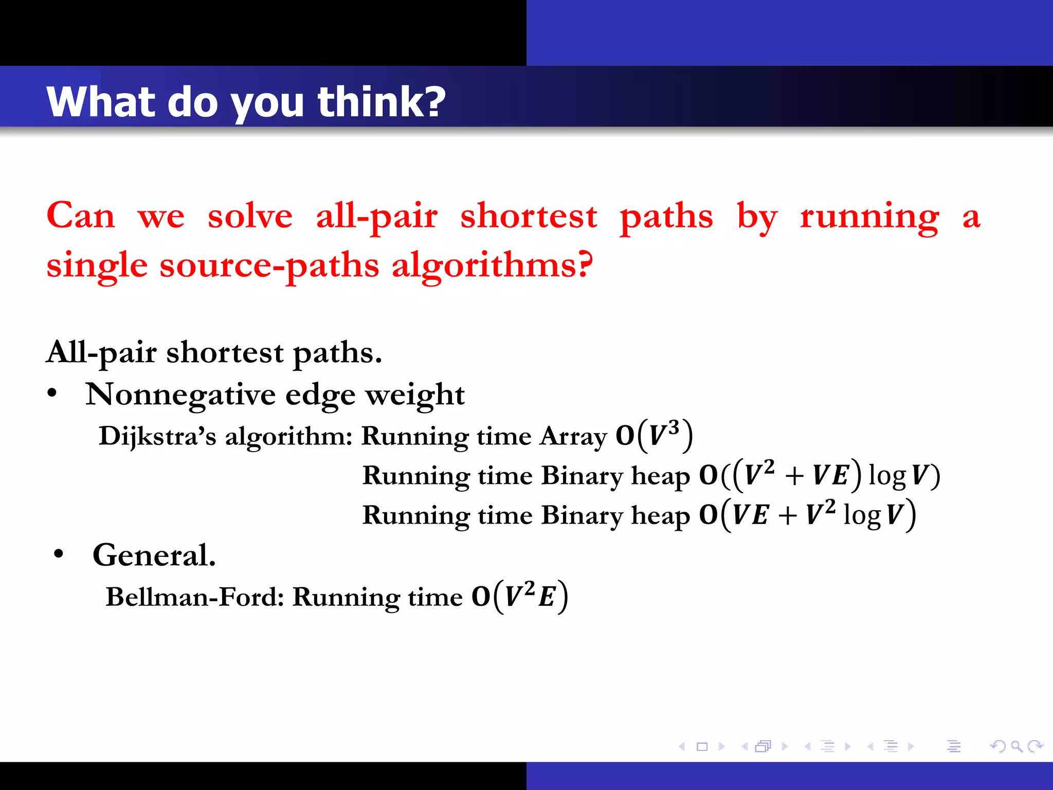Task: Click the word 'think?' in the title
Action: coord(382,101)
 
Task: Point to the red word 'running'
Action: coord(869,217)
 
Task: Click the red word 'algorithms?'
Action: coord(492,265)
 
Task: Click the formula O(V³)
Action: coord(655,436)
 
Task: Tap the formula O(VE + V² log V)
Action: coord(807,515)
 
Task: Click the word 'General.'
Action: coord(154,555)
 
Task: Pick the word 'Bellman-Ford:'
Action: coord(195,597)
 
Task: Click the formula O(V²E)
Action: coord(520,597)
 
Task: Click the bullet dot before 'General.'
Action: coord(59,554)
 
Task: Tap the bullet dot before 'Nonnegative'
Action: coord(52,393)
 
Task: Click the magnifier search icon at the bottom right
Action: coord(1016,746)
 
